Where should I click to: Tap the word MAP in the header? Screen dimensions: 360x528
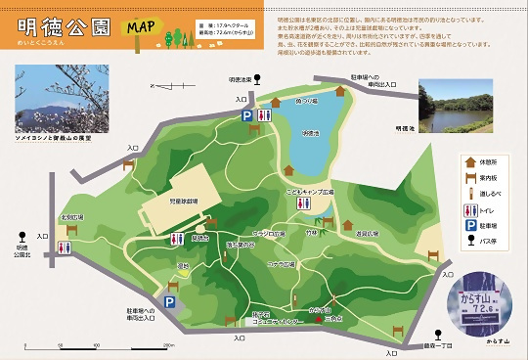point(138,25)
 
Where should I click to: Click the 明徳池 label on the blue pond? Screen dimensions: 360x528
point(310,133)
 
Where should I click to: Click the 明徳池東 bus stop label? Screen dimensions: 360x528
point(241,79)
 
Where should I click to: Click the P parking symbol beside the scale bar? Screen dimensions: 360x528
point(168,304)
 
